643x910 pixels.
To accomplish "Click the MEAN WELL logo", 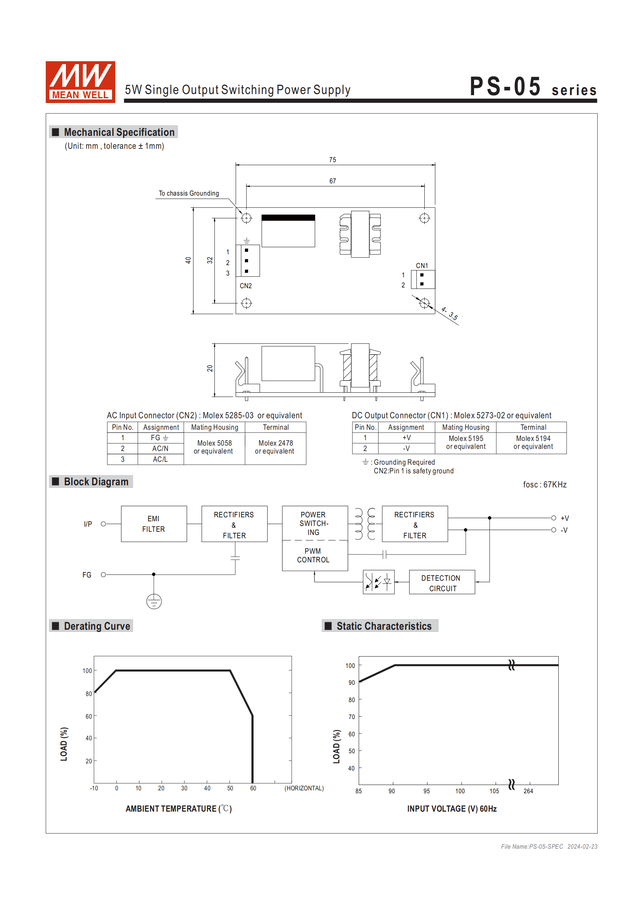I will (x=80, y=82).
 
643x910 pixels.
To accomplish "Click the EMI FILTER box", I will (x=154, y=523).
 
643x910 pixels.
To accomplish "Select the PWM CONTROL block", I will (x=314, y=555).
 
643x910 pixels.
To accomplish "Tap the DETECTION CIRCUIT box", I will (x=442, y=582).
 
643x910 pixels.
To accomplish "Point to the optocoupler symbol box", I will (x=379, y=582).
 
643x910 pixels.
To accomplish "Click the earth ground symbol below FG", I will (x=154, y=601).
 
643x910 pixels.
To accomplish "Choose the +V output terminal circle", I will (x=553, y=518).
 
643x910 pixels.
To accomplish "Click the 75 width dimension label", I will (x=332, y=160).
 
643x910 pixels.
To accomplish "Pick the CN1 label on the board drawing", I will (x=422, y=266).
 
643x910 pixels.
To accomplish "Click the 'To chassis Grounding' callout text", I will (x=189, y=193).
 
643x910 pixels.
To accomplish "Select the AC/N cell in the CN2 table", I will (x=160, y=448).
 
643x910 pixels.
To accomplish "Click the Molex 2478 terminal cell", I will (x=275, y=447).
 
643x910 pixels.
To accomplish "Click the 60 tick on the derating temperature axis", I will (x=253, y=788).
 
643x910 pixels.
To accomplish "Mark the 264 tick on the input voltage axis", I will (x=528, y=791).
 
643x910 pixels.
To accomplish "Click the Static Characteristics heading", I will (x=383, y=626).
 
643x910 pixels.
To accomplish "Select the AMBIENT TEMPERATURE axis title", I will (x=178, y=808).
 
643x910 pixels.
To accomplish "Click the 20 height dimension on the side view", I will (x=210, y=368).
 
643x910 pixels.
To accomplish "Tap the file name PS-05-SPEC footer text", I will (x=532, y=847).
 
